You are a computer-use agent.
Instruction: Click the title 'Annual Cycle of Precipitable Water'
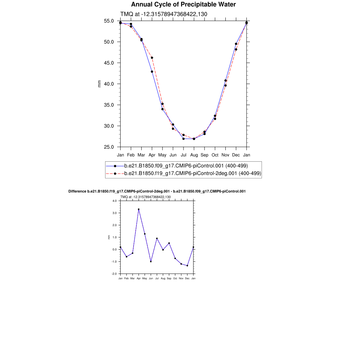(183, 5)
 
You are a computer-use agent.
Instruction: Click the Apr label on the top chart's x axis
(152, 155)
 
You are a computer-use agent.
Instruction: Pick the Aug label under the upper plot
(194, 155)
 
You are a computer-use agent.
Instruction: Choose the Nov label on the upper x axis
(225, 155)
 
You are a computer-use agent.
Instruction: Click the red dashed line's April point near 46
(152, 58)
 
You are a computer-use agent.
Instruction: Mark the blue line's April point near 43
(152, 72)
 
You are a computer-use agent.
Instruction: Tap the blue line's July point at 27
(184, 139)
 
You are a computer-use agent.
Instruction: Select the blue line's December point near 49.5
(236, 44)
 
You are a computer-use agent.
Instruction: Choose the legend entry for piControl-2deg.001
(193, 174)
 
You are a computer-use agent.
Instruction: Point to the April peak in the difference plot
(139, 209)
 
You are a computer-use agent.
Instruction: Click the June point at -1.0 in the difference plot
(151, 262)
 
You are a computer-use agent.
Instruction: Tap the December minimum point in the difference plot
(187, 266)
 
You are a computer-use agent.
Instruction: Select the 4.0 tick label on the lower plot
(114, 201)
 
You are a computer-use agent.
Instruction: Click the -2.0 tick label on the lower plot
(114, 274)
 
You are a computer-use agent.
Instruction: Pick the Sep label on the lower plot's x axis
(169, 278)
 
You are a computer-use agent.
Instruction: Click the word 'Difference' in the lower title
(77, 192)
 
